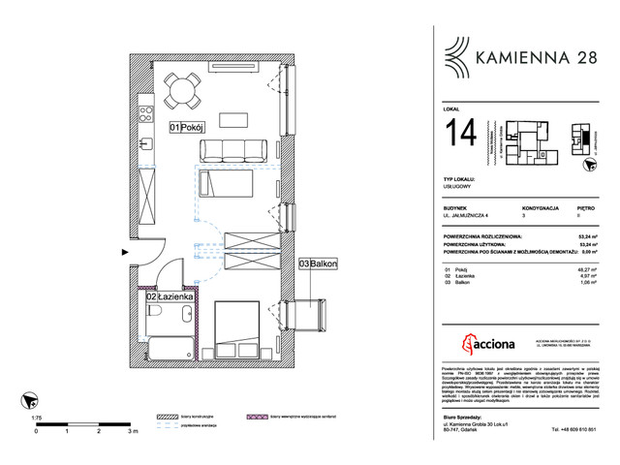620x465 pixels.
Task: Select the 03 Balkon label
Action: (x=317, y=263)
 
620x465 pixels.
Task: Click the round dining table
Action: (x=181, y=92)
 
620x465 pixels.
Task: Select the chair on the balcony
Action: (x=309, y=314)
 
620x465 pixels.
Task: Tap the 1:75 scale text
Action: (x=37, y=418)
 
